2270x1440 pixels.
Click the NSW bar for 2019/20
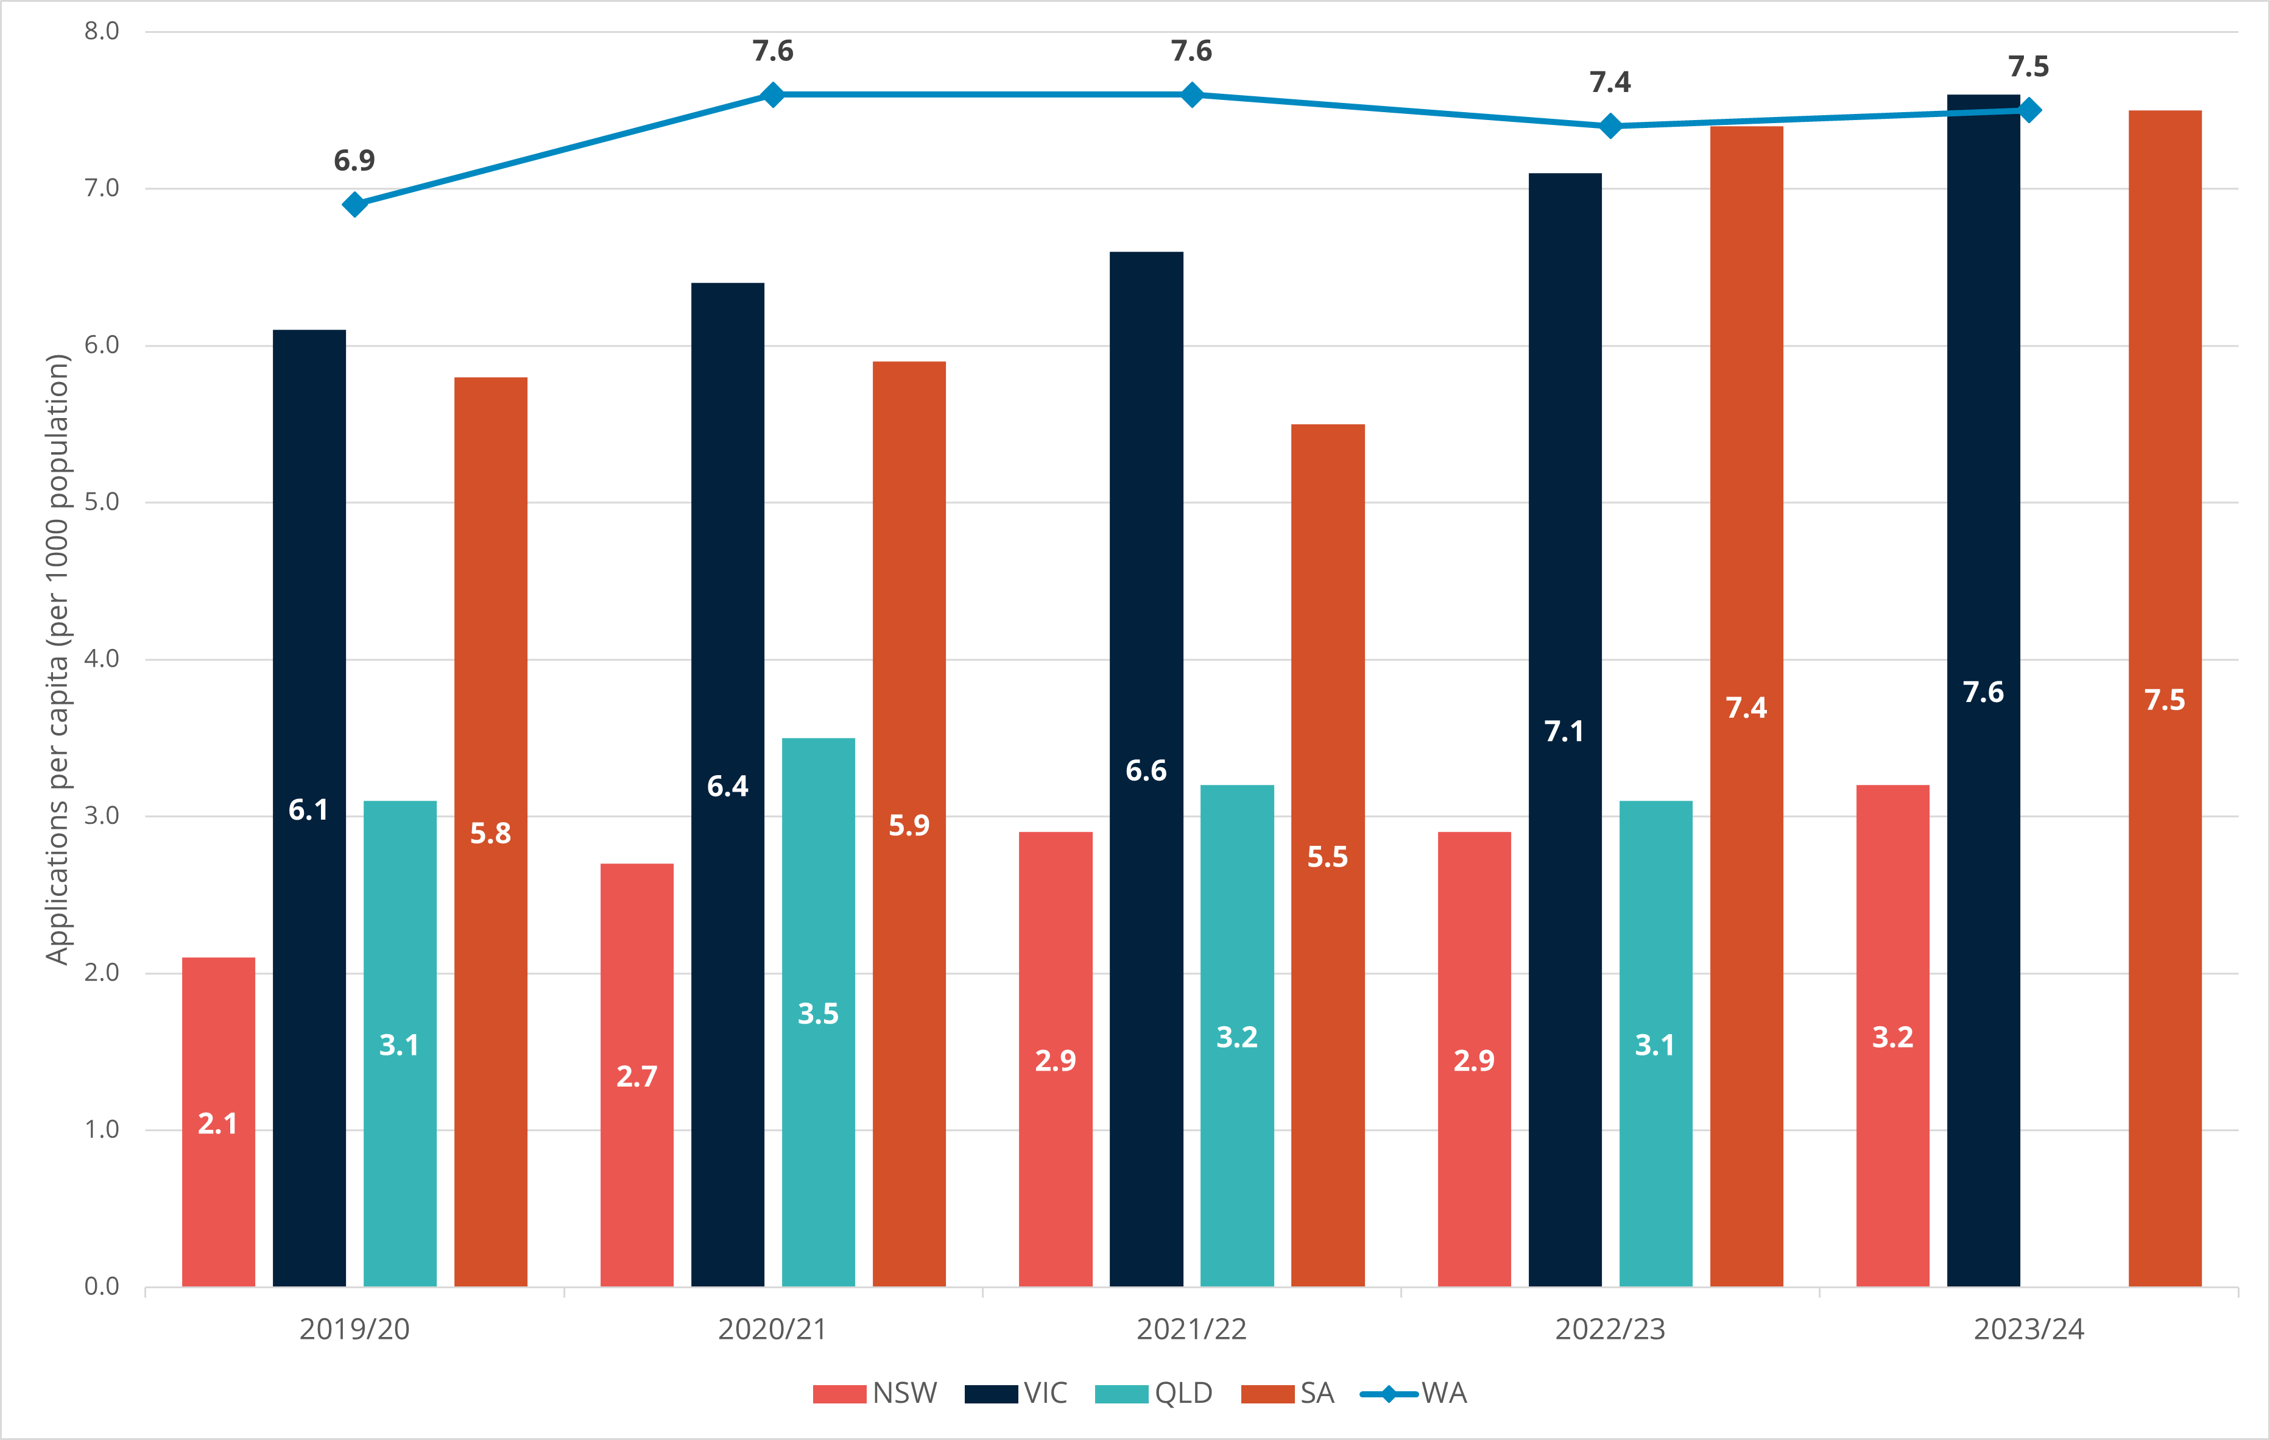(x=218, y=1122)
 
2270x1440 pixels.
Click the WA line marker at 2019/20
(x=354, y=205)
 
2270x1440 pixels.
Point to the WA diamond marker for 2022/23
(x=1610, y=126)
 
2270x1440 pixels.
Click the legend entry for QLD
(x=1155, y=1393)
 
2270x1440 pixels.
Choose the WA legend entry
(x=1414, y=1393)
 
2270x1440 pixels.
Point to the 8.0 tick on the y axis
(x=102, y=31)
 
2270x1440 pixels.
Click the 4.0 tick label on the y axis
(x=102, y=658)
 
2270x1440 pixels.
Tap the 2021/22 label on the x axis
(x=1191, y=1328)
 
